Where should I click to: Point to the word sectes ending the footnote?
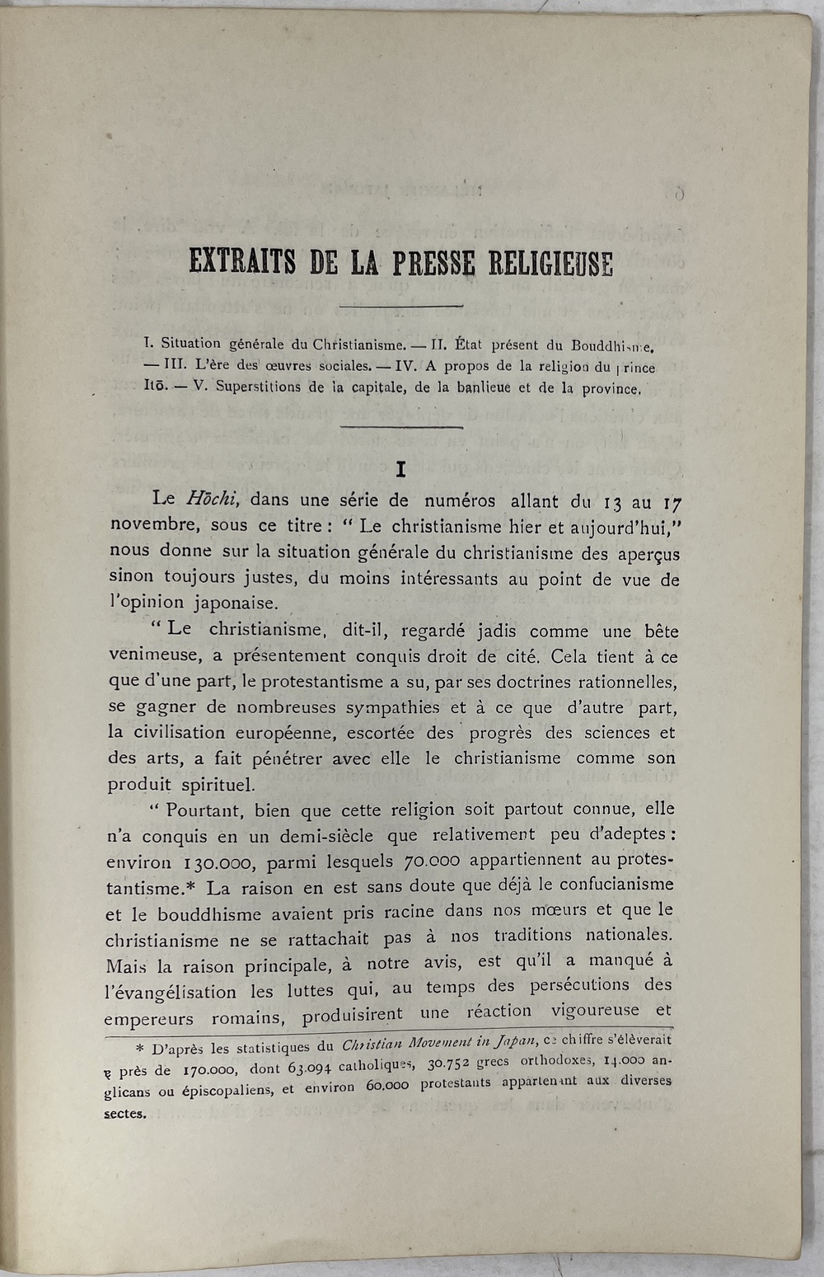coord(126,1114)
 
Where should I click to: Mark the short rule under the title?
coord(401,307)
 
